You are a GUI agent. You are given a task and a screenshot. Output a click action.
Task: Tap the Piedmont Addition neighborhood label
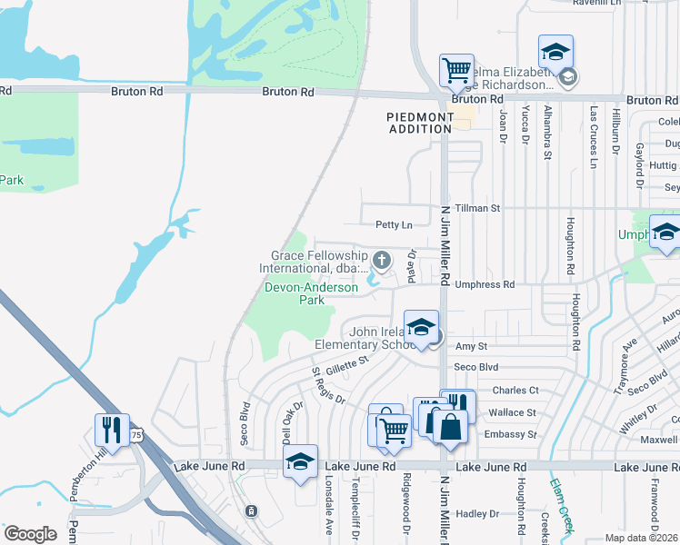click(419, 123)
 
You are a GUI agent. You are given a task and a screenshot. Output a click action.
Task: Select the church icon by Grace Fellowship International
click(383, 262)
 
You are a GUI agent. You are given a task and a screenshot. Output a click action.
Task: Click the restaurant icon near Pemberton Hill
click(112, 429)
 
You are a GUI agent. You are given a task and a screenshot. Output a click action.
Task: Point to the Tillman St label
click(478, 208)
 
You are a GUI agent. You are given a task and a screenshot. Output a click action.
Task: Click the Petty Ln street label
click(393, 224)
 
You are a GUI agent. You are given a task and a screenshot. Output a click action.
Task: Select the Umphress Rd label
click(485, 284)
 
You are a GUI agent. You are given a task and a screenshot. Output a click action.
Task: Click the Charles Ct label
click(515, 391)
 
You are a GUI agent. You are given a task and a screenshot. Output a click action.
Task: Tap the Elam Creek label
click(563, 505)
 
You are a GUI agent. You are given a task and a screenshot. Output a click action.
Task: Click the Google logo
click(30, 534)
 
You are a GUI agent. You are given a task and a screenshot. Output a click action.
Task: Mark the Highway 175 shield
click(136, 436)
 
